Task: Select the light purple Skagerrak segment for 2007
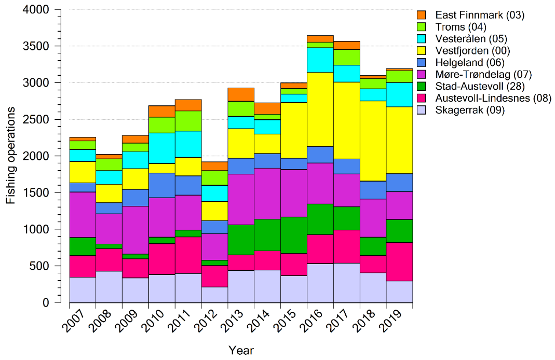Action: point(83,289)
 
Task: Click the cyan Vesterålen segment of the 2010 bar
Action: point(161,148)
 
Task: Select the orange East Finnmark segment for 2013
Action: point(241,94)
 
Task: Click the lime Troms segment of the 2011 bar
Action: point(188,121)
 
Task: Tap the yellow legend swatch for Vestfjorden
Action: point(422,51)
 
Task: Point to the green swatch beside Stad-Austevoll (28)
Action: point(422,87)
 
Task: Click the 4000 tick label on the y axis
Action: point(36,10)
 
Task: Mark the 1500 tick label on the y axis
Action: point(36,193)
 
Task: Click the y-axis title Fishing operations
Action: point(11,156)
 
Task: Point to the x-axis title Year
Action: point(241,351)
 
